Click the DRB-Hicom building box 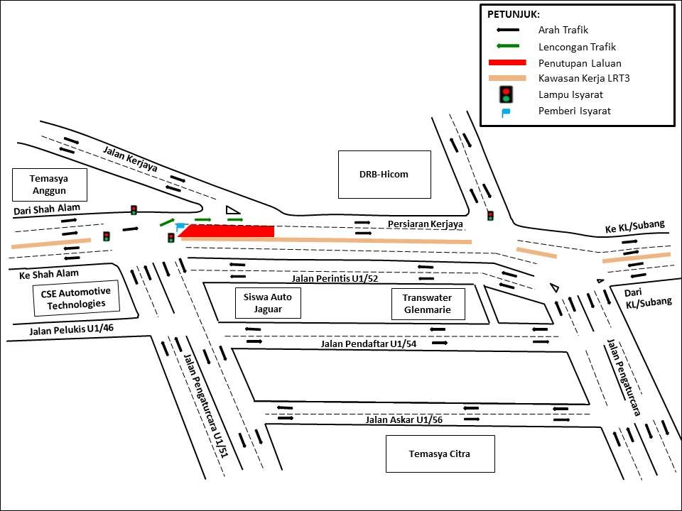tap(384, 174)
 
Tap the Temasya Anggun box tap(50, 185)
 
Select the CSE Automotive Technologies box tap(76, 298)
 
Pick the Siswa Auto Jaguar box tap(268, 303)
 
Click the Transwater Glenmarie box tap(428, 304)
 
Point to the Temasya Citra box tap(439, 454)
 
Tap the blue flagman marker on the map tap(180, 226)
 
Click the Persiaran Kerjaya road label tap(425, 224)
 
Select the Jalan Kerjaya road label tap(130, 158)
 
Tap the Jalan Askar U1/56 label tap(404, 420)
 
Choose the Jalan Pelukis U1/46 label tap(72, 329)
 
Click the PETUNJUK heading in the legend tap(514, 14)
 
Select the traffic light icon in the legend tap(507, 94)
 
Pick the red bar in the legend tap(507, 62)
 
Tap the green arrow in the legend tap(507, 46)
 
